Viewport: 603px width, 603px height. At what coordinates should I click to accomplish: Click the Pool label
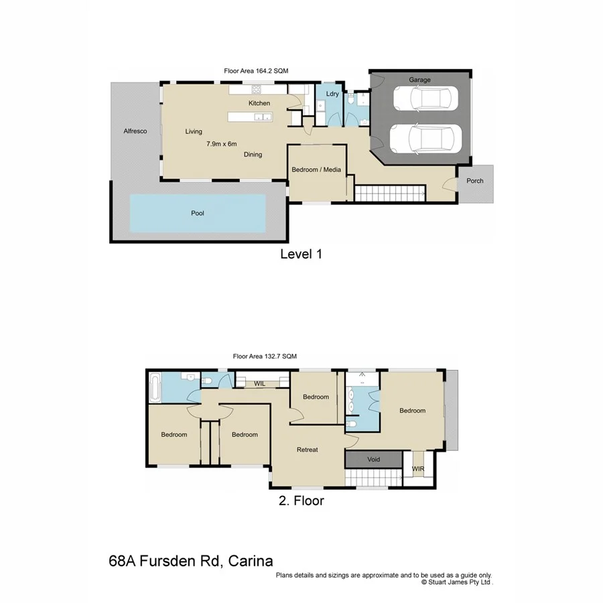(197, 213)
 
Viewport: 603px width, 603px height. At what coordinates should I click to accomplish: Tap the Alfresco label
(135, 131)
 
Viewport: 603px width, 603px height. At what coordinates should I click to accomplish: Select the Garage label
(420, 80)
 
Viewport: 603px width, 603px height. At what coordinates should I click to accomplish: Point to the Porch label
(474, 181)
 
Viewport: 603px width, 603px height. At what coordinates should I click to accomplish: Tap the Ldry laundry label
(332, 94)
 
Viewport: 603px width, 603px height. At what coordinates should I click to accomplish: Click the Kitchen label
(259, 103)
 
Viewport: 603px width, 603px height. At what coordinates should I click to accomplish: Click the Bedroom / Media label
(316, 170)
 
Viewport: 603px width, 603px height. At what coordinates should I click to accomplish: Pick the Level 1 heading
(301, 254)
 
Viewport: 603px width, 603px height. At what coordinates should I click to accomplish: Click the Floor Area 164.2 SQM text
(257, 70)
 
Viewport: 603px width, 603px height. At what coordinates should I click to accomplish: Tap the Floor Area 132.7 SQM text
(264, 356)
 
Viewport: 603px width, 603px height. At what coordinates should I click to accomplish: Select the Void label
(374, 460)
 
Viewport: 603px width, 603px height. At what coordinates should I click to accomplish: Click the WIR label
(418, 468)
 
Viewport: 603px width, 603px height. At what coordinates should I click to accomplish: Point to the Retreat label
(307, 450)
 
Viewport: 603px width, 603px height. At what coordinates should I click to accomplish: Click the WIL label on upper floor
(260, 383)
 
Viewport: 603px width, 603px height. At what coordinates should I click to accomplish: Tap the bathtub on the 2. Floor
(155, 387)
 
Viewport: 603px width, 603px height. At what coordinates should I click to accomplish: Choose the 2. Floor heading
(301, 500)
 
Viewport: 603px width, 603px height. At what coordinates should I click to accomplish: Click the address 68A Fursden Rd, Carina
(191, 560)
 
